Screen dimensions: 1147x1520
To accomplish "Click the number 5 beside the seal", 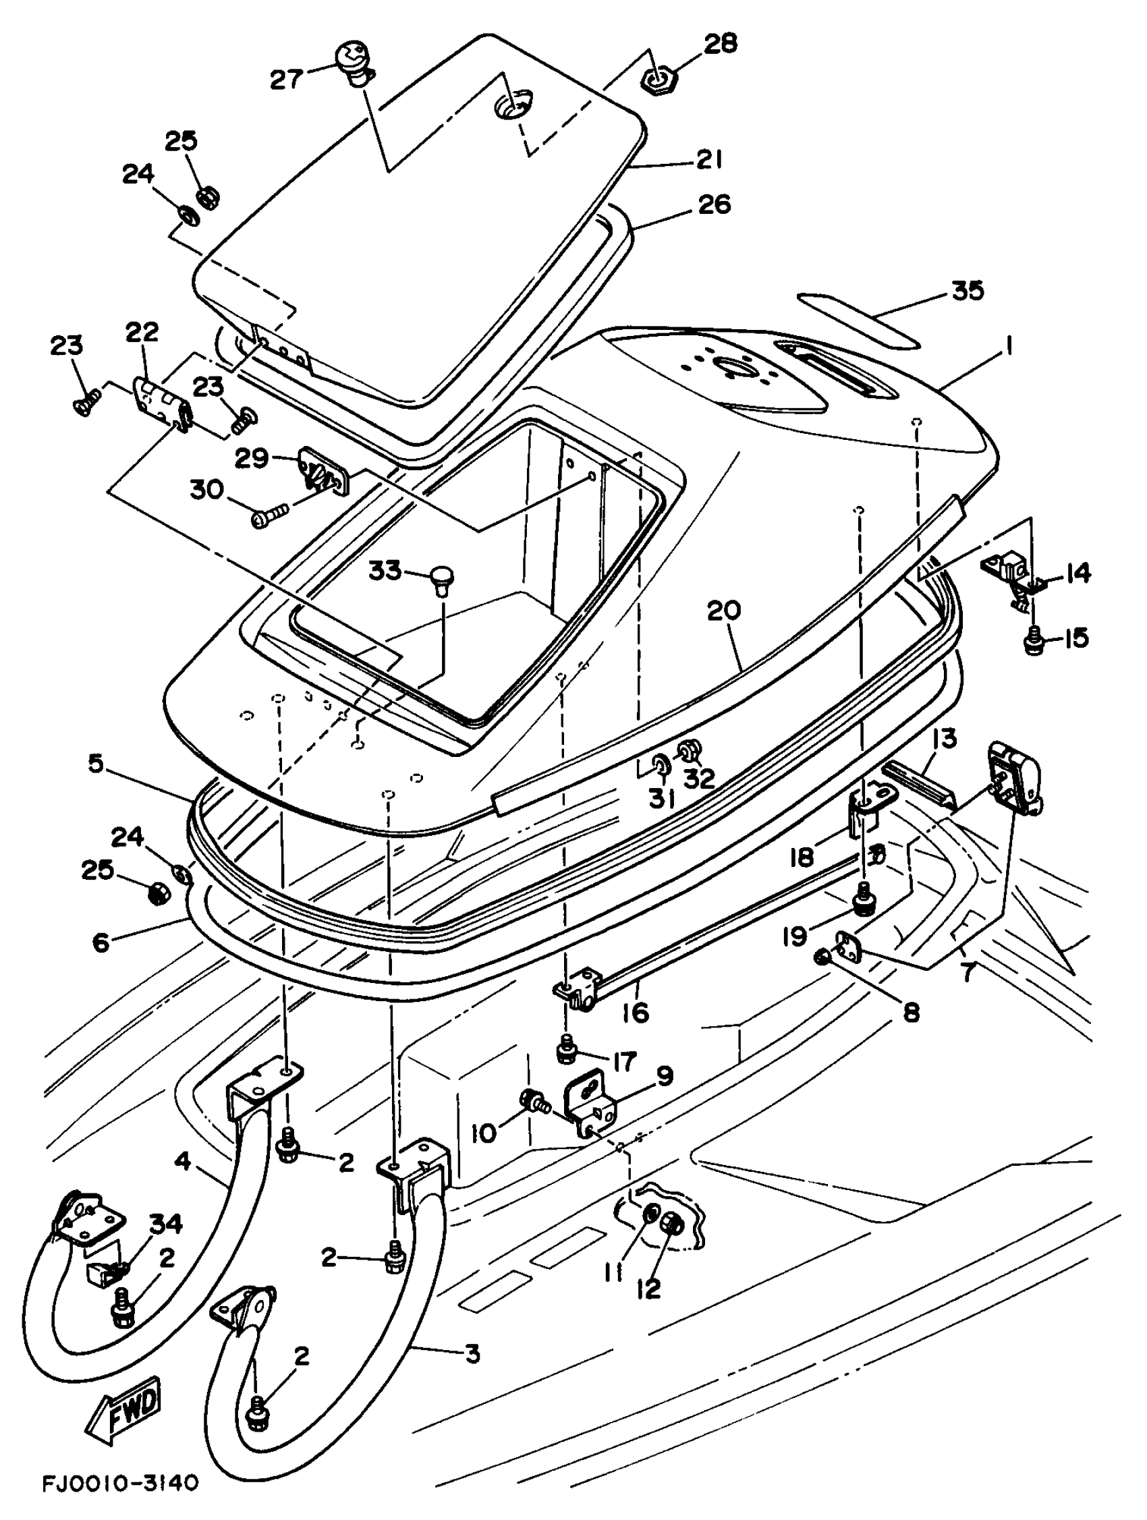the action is click(x=96, y=764).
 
